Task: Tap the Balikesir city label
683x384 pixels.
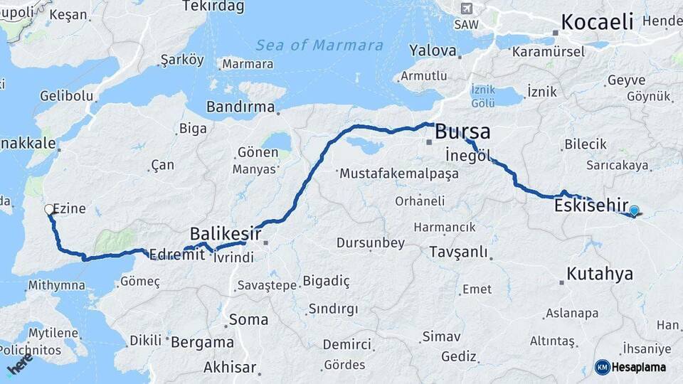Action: click(x=225, y=233)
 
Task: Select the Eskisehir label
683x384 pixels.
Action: click(x=591, y=207)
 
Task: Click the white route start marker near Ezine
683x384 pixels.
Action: click(x=49, y=209)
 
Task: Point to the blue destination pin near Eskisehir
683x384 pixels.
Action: click(x=634, y=210)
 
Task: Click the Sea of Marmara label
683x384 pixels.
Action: click(x=319, y=46)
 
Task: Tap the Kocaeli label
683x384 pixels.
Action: click(x=597, y=22)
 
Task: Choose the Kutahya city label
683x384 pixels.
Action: click(x=600, y=274)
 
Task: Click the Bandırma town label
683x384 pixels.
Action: click(x=240, y=107)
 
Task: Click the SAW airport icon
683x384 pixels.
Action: click(x=466, y=9)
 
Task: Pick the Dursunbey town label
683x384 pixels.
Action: click(x=370, y=243)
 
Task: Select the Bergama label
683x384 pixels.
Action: click(x=203, y=342)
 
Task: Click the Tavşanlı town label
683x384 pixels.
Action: click(x=459, y=252)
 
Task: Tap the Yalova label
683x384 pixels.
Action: click(x=433, y=50)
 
